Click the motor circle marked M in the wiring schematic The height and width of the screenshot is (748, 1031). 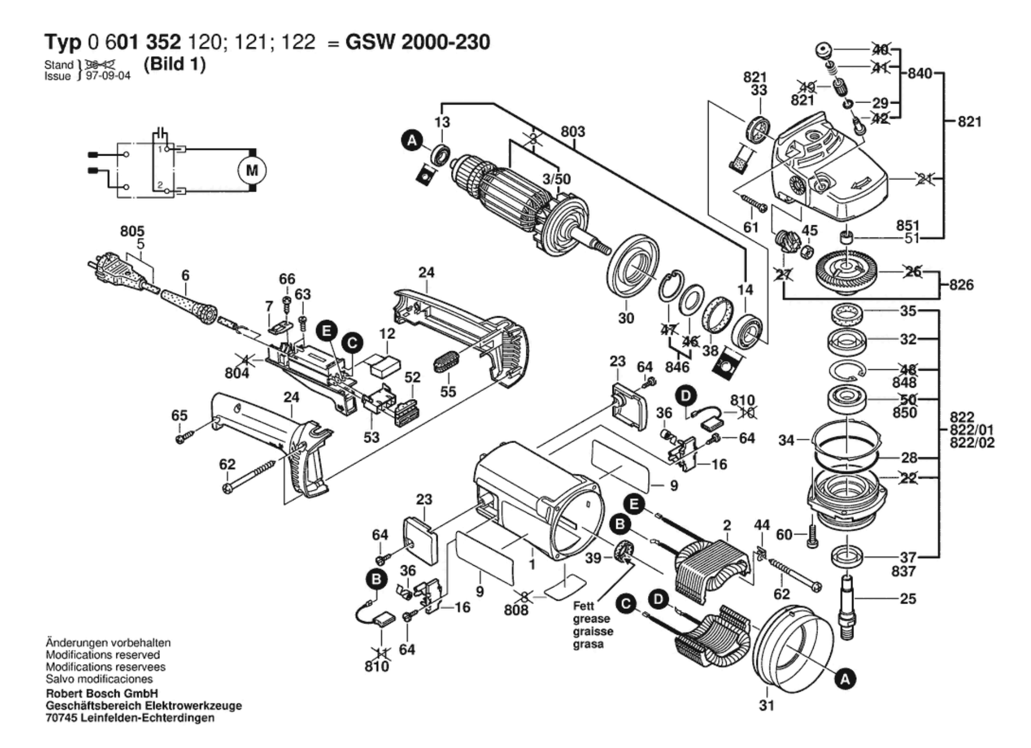(251, 171)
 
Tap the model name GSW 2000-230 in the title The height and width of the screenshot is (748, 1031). (417, 42)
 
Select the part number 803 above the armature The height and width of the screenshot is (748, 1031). (573, 131)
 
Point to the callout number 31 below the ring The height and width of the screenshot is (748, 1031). (766, 705)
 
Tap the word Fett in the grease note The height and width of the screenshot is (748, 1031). (584, 606)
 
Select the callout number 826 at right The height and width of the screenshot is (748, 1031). (961, 285)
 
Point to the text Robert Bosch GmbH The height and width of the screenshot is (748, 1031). (102, 693)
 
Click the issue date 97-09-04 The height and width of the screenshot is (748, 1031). (108, 76)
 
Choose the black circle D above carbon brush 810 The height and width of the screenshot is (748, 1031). (686, 395)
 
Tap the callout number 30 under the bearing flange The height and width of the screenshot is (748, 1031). (626, 318)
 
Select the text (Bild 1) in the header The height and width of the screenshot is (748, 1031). (175, 64)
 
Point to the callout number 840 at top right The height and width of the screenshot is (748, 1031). (920, 73)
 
